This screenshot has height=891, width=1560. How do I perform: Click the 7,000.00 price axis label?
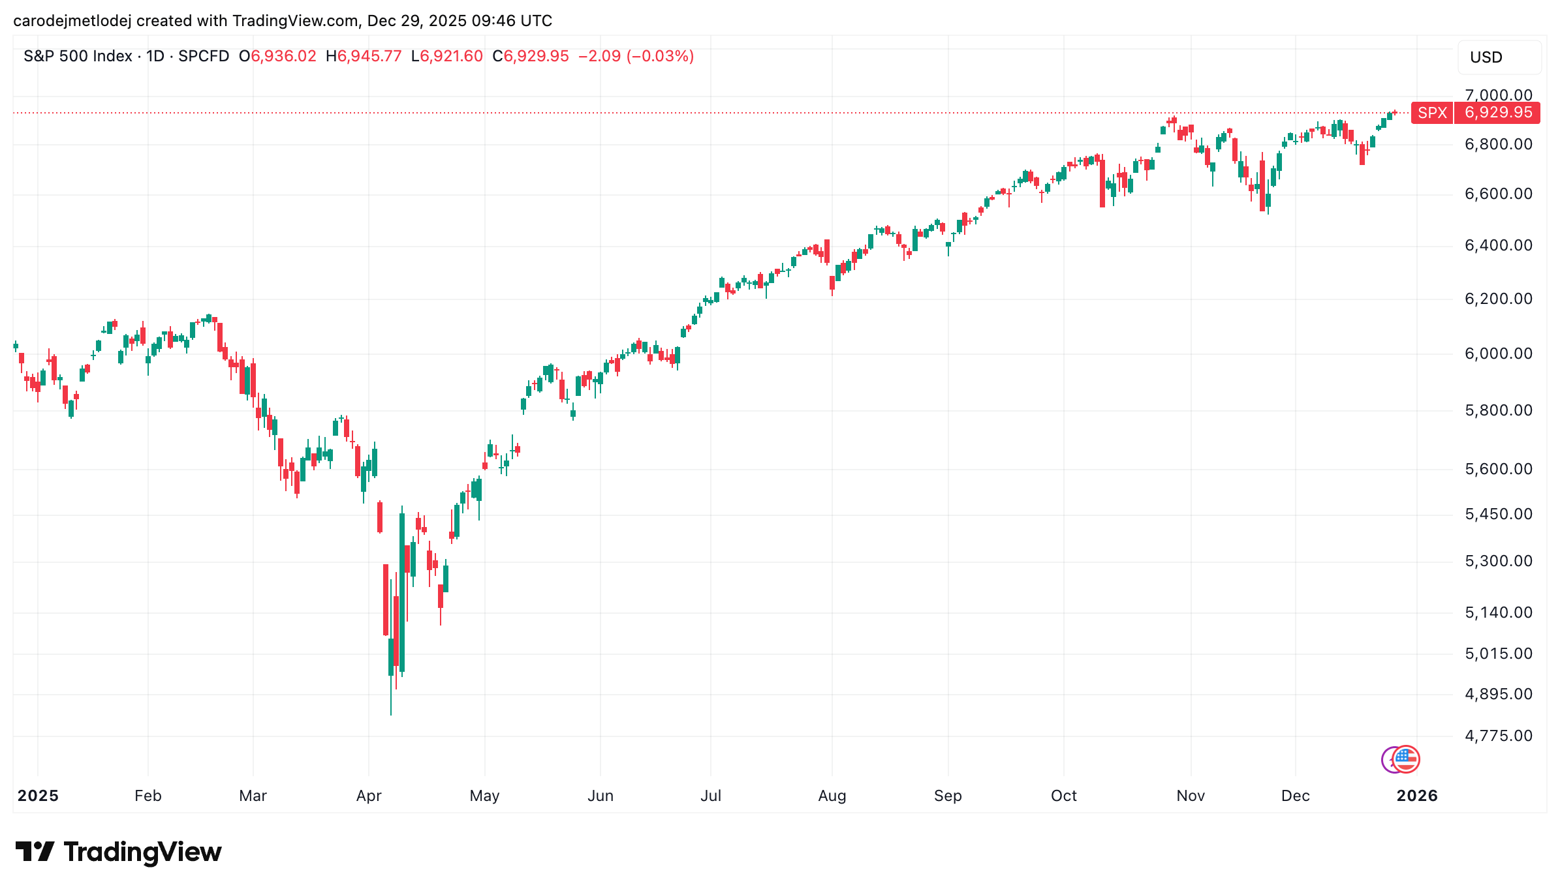click(x=1498, y=95)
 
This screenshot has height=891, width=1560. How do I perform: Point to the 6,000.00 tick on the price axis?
click(x=1498, y=354)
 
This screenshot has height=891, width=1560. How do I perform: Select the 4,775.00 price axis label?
click(x=1498, y=736)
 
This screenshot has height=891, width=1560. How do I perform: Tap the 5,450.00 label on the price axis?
click(x=1498, y=514)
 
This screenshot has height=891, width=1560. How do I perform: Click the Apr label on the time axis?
click(x=369, y=796)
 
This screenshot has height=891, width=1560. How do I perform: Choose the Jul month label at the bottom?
click(x=711, y=796)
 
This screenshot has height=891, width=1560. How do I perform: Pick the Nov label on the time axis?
click(x=1191, y=796)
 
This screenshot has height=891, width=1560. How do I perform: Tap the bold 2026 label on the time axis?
click(x=1416, y=796)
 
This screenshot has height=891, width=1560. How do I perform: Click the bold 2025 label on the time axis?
click(x=38, y=796)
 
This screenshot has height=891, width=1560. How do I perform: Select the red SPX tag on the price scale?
click(x=1432, y=113)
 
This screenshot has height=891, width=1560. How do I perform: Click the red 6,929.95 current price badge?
click(x=1498, y=113)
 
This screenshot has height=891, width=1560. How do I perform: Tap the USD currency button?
click(x=1499, y=57)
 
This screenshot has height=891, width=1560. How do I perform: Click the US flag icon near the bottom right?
click(x=1406, y=759)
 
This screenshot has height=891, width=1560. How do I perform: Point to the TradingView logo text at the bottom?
click(x=142, y=852)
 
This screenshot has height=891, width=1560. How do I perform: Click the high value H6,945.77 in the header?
click(x=364, y=56)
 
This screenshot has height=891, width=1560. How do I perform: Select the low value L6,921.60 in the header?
click(x=447, y=56)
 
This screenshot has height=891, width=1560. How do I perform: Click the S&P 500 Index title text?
click(x=78, y=56)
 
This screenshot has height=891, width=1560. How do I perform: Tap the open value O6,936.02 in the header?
click(x=277, y=56)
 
